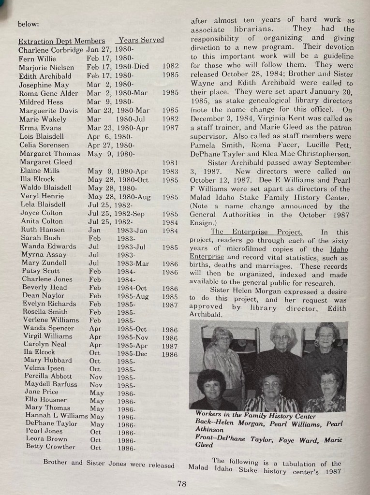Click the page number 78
181,483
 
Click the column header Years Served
141,40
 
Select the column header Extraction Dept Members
61,41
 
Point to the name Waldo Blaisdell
46,188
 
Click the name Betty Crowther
51,447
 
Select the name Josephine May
44,85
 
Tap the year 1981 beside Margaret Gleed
170,163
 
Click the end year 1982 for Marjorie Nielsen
170,66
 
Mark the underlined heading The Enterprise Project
256,232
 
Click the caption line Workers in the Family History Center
256,415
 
